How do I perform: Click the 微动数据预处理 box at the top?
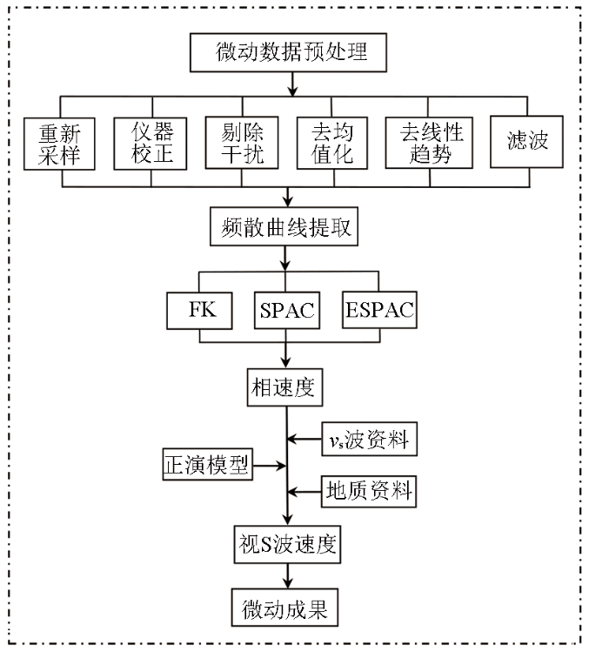point(288,53)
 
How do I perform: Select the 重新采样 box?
point(59,144)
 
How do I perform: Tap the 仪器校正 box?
point(151,144)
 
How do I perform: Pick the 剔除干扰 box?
point(242,143)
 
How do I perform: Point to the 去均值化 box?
point(332,143)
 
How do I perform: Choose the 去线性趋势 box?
point(429,143)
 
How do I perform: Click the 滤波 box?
point(526,142)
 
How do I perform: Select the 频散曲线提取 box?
point(284,226)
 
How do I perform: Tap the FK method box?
point(199,311)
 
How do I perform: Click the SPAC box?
point(287,310)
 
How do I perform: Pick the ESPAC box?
point(379,310)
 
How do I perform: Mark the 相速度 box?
point(284,387)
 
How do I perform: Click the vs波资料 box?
point(369,439)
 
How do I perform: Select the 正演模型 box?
point(207,464)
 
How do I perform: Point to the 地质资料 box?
point(369,492)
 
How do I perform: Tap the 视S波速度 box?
point(287,544)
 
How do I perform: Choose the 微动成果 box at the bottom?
point(284,608)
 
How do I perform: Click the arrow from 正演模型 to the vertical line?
point(270,466)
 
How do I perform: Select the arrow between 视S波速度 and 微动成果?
point(287,576)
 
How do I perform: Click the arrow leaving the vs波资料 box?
point(304,439)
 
